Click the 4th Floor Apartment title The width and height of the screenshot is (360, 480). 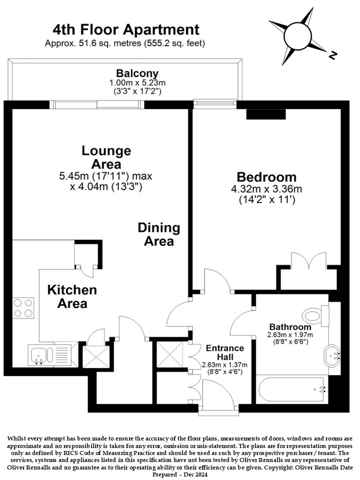click(126, 30)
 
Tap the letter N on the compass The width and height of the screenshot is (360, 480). click(332, 55)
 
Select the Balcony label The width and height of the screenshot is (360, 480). click(137, 73)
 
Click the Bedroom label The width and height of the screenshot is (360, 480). click(266, 177)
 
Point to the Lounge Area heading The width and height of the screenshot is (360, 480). click(106, 157)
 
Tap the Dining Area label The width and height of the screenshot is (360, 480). click(159, 234)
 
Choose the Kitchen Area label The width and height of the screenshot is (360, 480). click(72, 296)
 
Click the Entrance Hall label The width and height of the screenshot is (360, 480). click(225, 352)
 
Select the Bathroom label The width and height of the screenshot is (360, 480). click(290, 327)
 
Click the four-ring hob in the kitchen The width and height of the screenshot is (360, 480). click(23, 308)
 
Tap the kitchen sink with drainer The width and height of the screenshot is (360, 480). click(49, 355)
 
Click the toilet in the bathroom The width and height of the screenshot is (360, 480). click(315, 315)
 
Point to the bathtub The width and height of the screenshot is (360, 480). click(291, 389)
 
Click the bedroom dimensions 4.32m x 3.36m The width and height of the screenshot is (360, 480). click(266, 189)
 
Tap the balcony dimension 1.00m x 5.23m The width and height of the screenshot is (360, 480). click(137, 82)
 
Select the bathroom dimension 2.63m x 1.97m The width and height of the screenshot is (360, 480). click(290, 335)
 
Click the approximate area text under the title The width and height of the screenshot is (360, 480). click(125, 43)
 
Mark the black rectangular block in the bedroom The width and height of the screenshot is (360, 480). click(266, 114)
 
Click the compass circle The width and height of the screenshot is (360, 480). click(297, 35)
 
